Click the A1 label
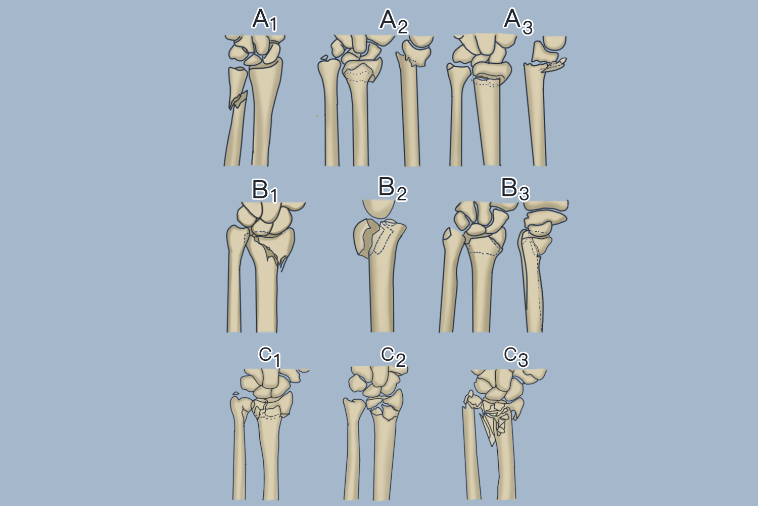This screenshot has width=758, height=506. [264, 21]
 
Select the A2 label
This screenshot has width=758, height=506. [393, 21]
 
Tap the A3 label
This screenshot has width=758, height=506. [518, 21]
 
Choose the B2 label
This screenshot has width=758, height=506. [392, 188]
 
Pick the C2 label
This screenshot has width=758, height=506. [393, 357]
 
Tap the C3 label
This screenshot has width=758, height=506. [516, 356]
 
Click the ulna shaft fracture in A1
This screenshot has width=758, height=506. [238, 100]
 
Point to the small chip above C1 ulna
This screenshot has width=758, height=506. [235, 394]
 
